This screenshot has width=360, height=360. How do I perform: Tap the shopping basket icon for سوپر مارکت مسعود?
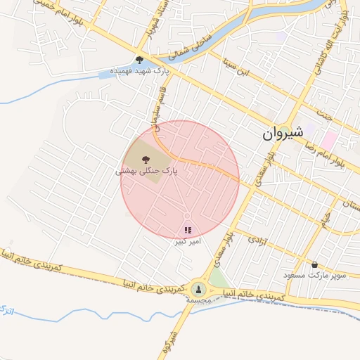[x=314, y=264]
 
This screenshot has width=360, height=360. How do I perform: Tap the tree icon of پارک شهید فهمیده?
[x=139, y=60]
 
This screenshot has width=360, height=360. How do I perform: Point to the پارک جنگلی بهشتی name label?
[x=146, y=171]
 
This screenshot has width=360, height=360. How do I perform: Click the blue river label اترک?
[x=8, y=309]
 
